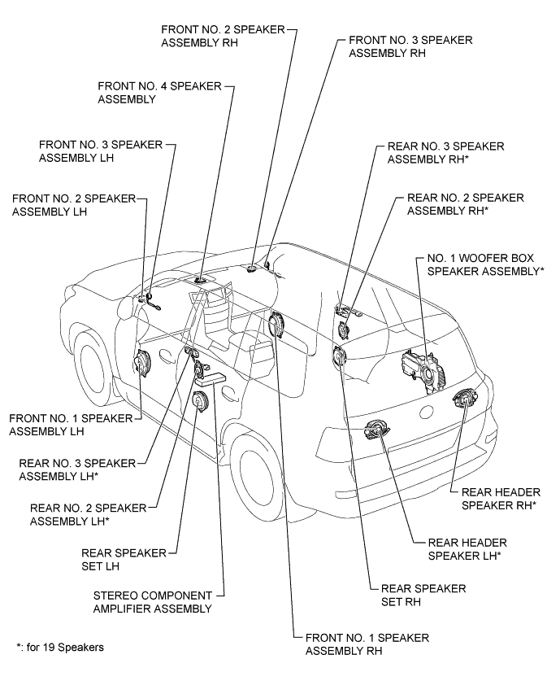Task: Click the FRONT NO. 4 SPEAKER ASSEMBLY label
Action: tap(159, 92)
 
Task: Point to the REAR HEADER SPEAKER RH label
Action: tap(497, 498)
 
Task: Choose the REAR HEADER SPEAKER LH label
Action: tap(459, 551)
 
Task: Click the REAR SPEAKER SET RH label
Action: tap(417, 596)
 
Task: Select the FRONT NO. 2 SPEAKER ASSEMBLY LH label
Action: tap(63, 204)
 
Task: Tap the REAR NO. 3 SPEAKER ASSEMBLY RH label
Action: tap(445, 152)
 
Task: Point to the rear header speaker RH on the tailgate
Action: tap(466, 399)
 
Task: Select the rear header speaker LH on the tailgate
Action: tap(379, 430)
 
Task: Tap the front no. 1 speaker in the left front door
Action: tap(144, 363)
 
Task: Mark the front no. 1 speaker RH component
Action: tap(277, 325)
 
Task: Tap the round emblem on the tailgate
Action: tap(424, 412)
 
